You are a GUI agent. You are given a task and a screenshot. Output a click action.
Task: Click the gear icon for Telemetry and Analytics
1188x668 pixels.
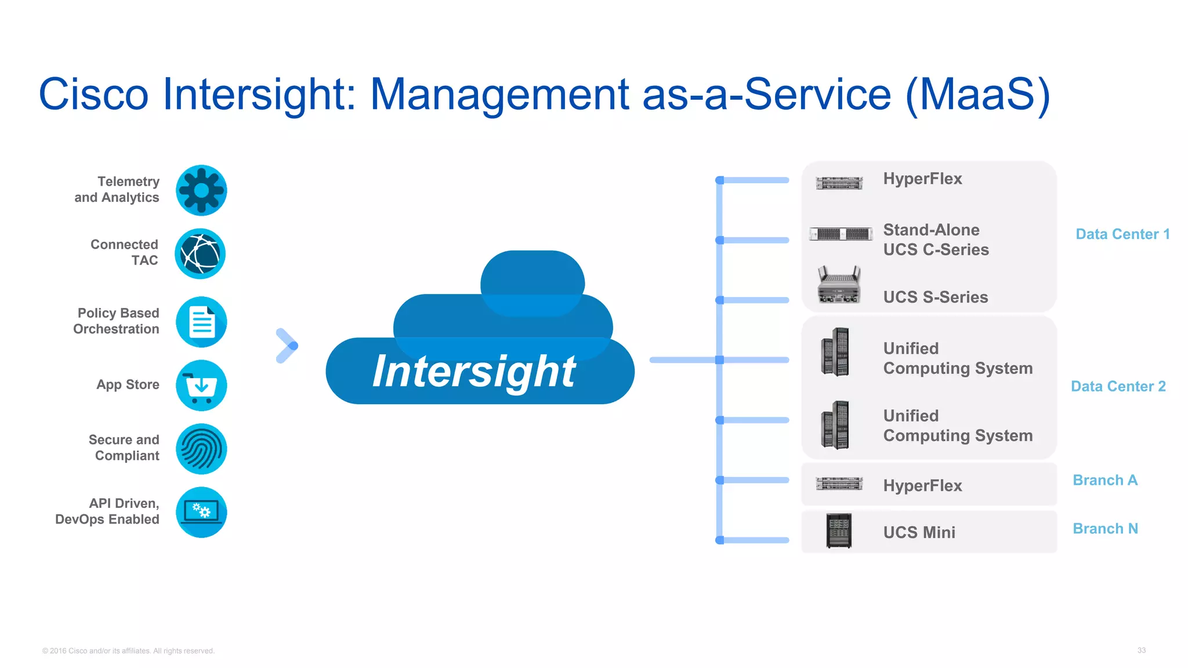(201, 190)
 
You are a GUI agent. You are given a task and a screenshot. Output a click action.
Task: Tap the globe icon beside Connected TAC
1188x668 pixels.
(200, 253)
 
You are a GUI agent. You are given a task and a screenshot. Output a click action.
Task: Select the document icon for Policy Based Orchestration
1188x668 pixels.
(201, 322)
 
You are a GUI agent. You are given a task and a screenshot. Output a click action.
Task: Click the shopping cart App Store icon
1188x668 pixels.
(201, 386)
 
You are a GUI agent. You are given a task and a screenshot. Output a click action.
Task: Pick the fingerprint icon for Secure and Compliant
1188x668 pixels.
(201, 449)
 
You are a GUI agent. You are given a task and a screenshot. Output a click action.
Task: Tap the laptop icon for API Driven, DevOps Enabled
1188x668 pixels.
(201, 512)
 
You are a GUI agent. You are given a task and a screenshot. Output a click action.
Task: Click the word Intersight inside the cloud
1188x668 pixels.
(474, 371)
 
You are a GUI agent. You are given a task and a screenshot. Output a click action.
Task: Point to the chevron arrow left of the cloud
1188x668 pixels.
(287, 346)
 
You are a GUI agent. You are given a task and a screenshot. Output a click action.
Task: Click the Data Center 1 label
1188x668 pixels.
(1122, 234)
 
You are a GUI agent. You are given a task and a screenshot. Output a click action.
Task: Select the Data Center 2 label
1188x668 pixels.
(1118, 386)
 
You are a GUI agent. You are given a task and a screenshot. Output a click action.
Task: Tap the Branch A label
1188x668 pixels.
(1104, 480)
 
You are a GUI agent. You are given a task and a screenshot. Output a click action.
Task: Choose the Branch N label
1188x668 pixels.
(1105, 529)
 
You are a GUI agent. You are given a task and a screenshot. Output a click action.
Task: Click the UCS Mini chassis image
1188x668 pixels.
(839, 531)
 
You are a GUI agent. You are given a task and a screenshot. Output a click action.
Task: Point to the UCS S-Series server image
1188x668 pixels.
(839, 285)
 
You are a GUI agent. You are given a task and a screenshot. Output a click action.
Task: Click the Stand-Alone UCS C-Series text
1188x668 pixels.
(936, 239)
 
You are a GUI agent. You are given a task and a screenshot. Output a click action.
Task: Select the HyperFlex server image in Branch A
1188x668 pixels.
(839, 484)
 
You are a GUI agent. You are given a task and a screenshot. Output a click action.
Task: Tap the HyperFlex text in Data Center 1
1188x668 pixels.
(922, 179)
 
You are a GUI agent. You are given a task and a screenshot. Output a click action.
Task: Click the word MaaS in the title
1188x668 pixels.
(978, 95)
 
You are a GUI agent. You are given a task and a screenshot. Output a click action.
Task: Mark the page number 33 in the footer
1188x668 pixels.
(1141, 650)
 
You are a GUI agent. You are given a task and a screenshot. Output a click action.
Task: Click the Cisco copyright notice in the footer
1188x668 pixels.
(128, 651)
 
